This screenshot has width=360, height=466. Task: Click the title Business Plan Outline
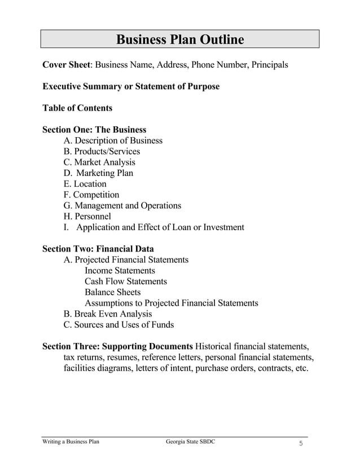180,39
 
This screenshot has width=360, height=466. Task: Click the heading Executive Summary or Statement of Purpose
131,86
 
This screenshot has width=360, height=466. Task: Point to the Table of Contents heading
77,108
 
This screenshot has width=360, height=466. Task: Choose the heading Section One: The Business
94,130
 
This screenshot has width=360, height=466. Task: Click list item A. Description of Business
113,140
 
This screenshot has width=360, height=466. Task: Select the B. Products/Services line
102,151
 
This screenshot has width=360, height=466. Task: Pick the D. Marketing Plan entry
99,173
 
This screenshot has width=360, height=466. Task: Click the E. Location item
85,184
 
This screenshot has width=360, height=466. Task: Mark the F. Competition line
91,195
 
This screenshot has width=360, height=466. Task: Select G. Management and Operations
122,205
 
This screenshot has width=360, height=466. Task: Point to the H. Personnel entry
87,216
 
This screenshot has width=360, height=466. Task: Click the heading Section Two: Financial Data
98,249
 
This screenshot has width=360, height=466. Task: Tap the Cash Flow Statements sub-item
125,281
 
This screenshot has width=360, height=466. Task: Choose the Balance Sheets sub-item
112,292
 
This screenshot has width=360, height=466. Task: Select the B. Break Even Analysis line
108,314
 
